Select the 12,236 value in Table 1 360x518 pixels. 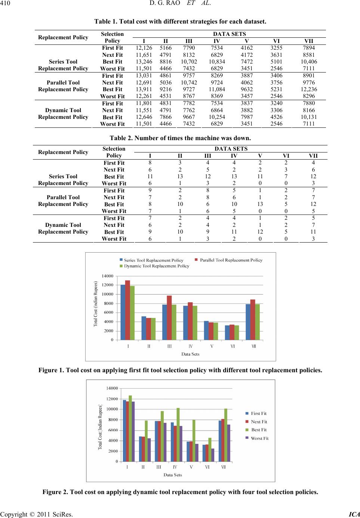(x=309, y=89)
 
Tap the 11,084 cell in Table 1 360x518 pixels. (x=217, y=89)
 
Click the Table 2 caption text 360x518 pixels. (x=180, y=138)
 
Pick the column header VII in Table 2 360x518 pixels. (x=313, y=155)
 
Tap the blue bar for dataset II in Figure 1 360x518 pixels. (x=144, y=328)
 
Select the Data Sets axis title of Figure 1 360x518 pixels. (x=190, y=354)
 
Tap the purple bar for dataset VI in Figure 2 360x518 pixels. (x=213, y=455)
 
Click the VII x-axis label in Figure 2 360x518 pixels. (x=224, y=467)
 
